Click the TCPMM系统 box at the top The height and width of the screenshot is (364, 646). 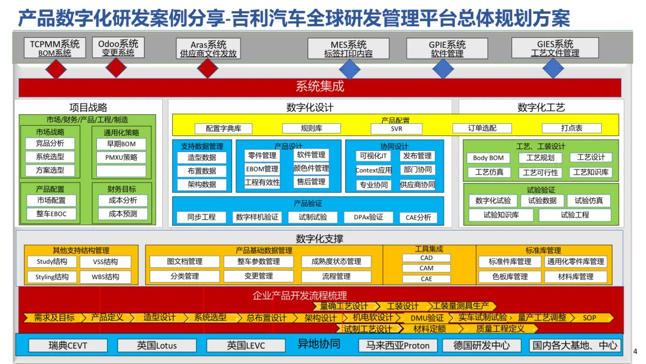click(54, 48)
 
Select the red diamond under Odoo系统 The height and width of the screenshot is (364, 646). click(116, 69)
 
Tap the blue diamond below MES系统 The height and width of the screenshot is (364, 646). click(349, 69)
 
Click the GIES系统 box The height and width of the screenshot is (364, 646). click(555, 48)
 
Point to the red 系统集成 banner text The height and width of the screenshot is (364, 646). click(320, 87)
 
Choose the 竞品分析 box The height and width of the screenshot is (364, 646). click(50, 144)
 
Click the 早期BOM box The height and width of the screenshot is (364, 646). click(121, 144)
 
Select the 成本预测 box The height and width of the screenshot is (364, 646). click(123, 214)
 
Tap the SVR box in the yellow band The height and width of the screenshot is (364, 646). click(397, 128)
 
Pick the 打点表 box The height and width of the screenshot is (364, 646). click(571, 128)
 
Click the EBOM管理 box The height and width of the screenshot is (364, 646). click(262, 169)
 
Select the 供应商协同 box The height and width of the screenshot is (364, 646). click(418, 184)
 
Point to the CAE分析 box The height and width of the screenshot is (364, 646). click(418, 217)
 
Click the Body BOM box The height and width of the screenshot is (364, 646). click(488, 158)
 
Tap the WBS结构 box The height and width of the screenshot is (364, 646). click(105, 277)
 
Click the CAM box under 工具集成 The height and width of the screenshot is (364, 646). click(426, 268)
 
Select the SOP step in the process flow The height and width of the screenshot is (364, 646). click(589, 318)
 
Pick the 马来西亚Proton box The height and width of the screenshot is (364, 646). click(398, 345)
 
